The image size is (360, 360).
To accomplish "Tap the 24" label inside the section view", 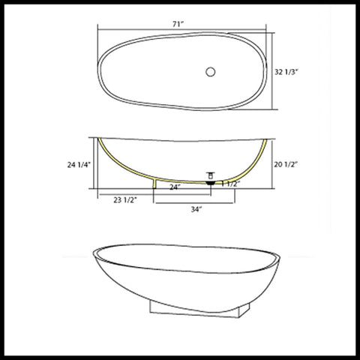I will point(175,185).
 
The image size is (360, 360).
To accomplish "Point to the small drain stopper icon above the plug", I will point(211,174).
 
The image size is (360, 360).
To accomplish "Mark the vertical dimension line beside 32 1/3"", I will point(269,73).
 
